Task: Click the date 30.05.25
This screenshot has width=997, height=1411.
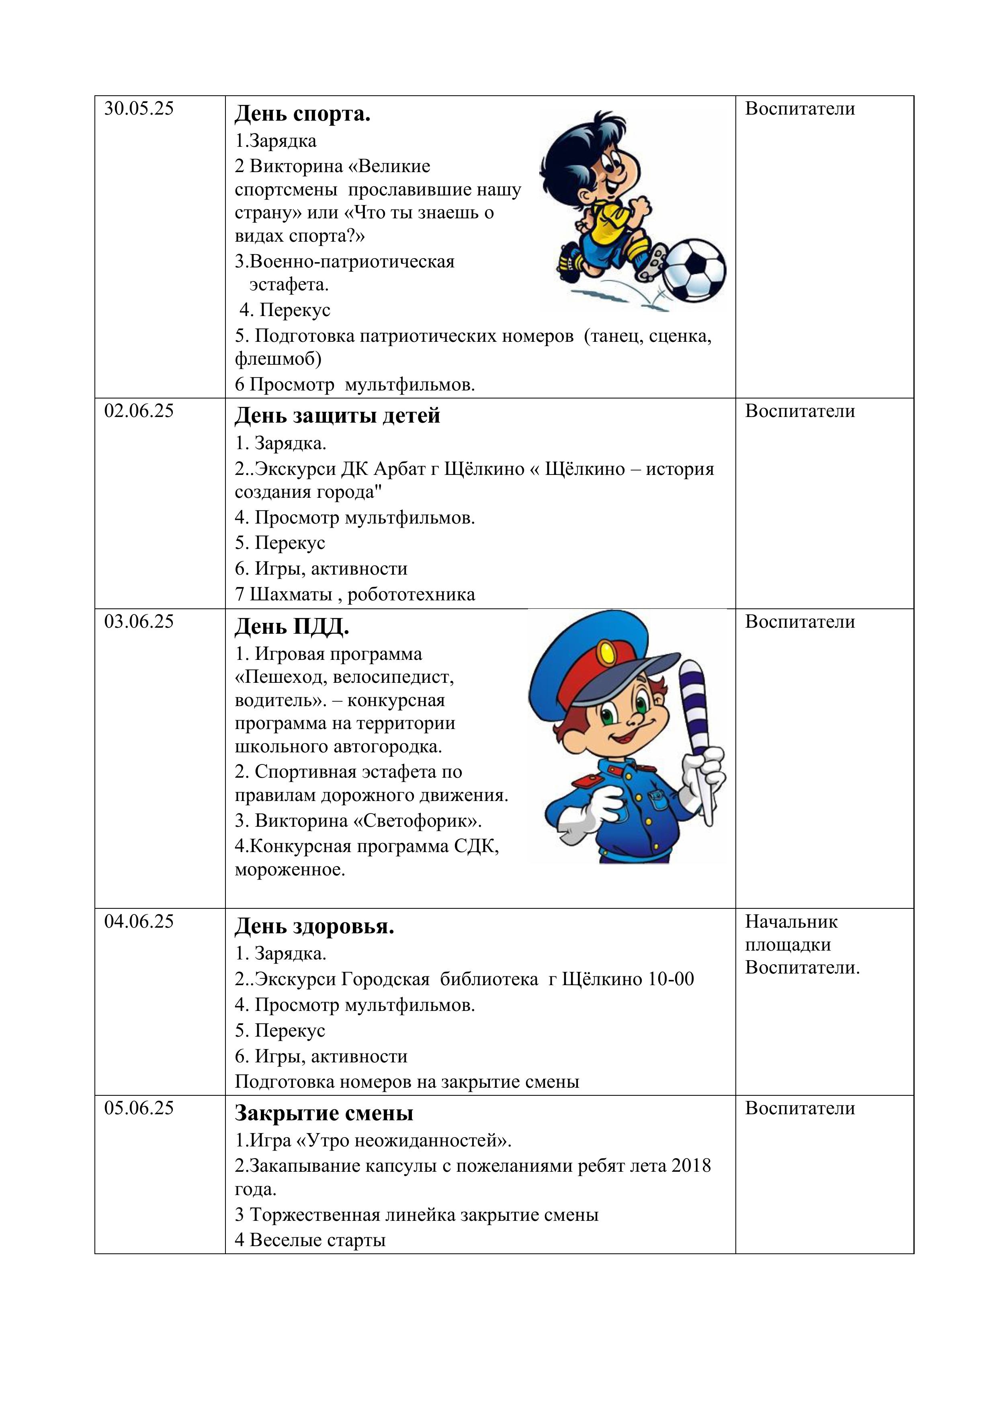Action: coord(139,109)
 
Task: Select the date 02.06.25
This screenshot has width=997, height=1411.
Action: coord(139,411)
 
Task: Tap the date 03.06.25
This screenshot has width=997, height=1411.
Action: coord(139,622)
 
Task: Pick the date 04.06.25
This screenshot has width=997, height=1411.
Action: coord(139,922)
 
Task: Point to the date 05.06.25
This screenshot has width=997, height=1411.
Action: coord(139,1109)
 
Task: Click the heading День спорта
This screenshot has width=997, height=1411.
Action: coord(302,114)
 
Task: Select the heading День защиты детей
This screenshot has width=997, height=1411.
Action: coord(337,416)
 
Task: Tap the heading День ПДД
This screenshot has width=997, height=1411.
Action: coord(292,627)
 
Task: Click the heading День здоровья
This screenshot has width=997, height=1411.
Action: coord(314,927)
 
